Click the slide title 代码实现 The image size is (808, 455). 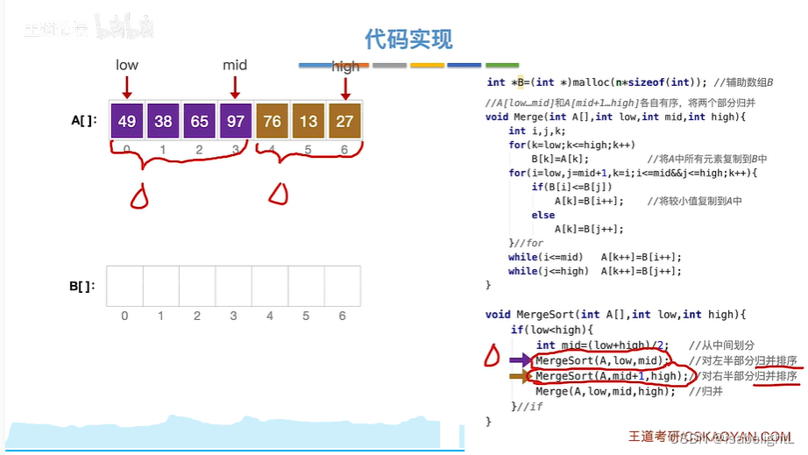408,39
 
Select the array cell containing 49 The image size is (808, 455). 126,121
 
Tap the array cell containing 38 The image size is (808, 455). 163,121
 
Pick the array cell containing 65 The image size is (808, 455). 199,121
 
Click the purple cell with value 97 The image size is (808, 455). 235,121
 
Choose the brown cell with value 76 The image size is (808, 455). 272,121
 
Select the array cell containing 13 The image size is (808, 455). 308,121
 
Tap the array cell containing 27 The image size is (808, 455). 344,121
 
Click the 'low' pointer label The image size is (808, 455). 127,65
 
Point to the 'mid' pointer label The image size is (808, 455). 235,65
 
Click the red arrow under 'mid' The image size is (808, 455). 235,87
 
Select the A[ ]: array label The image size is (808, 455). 84,121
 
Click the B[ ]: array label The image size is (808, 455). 82,286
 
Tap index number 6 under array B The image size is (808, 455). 342,316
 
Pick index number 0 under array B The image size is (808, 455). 124,316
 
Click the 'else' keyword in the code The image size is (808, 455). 542,215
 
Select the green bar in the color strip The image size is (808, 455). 502,65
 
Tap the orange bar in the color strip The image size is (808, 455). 428,65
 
